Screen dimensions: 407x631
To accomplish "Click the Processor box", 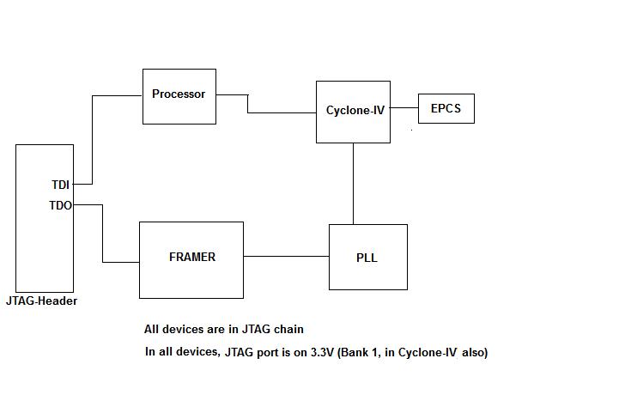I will [179, 95].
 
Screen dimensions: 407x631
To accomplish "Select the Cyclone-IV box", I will [353, 111].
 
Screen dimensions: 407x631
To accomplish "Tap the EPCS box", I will [446, 109].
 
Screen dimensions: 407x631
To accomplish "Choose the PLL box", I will [367, 258].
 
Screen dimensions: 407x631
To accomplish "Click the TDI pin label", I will [60, 184].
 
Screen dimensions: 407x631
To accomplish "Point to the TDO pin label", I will [60, 205].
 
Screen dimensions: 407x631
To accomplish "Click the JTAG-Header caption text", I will [41, 301].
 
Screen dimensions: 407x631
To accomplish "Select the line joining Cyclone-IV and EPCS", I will [403, 109].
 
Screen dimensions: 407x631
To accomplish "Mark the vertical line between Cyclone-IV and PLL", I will [354, 184].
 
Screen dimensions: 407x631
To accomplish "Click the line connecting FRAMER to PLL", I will [286, 256].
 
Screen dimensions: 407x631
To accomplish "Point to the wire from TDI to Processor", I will [92, 137].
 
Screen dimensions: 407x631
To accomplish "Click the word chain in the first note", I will [290, 329].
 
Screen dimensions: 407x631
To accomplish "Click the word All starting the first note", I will [151, 329].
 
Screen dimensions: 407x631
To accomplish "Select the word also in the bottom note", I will [473, 352].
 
